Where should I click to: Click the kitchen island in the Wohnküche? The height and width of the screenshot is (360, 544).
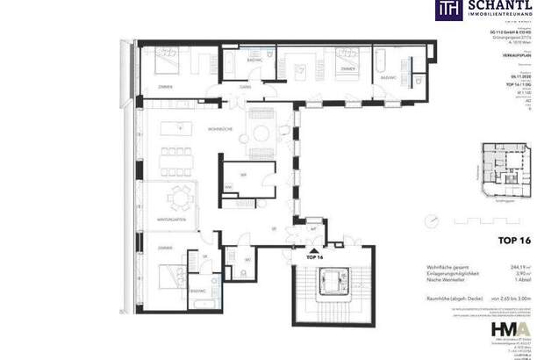click(x=180, y=130)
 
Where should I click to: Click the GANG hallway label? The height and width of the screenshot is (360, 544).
click(x=247, y=87)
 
